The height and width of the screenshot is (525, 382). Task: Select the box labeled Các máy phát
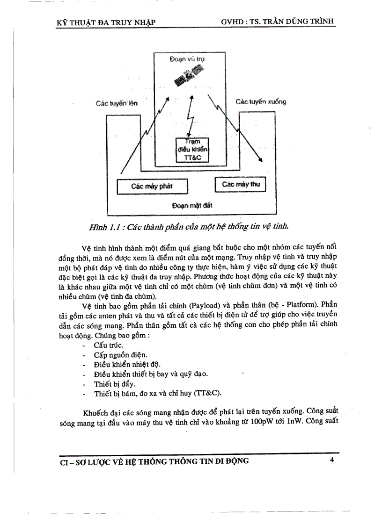152,187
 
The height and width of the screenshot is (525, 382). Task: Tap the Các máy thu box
240,184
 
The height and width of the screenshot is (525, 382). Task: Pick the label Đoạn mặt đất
192,205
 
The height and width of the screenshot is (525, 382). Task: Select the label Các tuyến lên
117,103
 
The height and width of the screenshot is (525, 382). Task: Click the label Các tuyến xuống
260,101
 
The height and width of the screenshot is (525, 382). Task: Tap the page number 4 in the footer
332,460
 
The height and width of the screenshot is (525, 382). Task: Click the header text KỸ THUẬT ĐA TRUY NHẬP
105,22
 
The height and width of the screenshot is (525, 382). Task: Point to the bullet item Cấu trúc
109,345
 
